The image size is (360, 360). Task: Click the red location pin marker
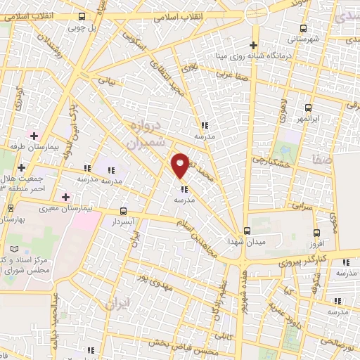181,165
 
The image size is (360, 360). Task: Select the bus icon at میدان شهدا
246,231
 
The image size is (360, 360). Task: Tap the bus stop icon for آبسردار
124,211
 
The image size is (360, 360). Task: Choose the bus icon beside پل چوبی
83,17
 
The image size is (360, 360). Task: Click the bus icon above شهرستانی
303,29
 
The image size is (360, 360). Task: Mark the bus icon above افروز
316,233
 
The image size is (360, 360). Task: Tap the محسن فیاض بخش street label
180,345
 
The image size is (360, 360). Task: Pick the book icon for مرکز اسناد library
16,249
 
